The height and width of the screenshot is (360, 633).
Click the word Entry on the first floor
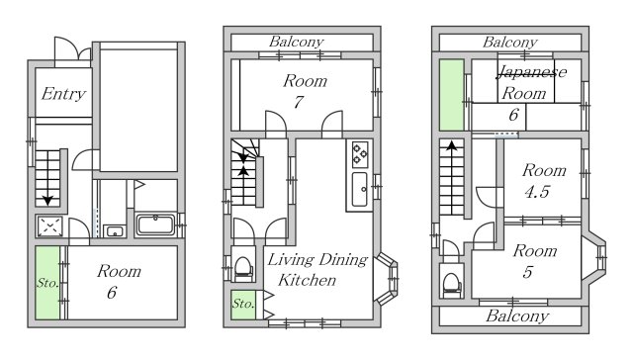[x=63, y=94]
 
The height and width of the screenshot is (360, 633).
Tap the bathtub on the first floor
[x=156, y=225]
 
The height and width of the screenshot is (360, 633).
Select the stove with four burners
[x=360, y=154]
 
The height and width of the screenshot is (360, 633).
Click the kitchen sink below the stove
[x=359, y=189]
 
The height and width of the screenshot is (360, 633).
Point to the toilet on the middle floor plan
[x=243, y=268]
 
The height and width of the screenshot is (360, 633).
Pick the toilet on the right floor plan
[x=452, y=285]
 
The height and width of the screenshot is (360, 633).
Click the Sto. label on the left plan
[x=47, y=283]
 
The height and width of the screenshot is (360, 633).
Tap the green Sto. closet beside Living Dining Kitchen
[x=243, y=305]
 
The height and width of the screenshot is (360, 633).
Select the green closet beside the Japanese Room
[x=451, y=95]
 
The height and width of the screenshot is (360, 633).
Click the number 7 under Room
[x=299, y=102]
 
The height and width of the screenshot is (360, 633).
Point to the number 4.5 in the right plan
[x=537, y=191]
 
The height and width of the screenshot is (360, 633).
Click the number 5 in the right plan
[x=527, y=272]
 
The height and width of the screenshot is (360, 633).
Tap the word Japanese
[x=532, y=72]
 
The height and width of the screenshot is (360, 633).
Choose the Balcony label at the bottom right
[x=517, y=315]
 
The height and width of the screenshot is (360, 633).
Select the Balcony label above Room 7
[x=297, y=42]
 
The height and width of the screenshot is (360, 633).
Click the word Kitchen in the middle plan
[x=307, y=280]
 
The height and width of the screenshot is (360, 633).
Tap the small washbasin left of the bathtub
[x=115, y=231]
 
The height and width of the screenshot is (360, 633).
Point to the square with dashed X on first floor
[x=50, y=226]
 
